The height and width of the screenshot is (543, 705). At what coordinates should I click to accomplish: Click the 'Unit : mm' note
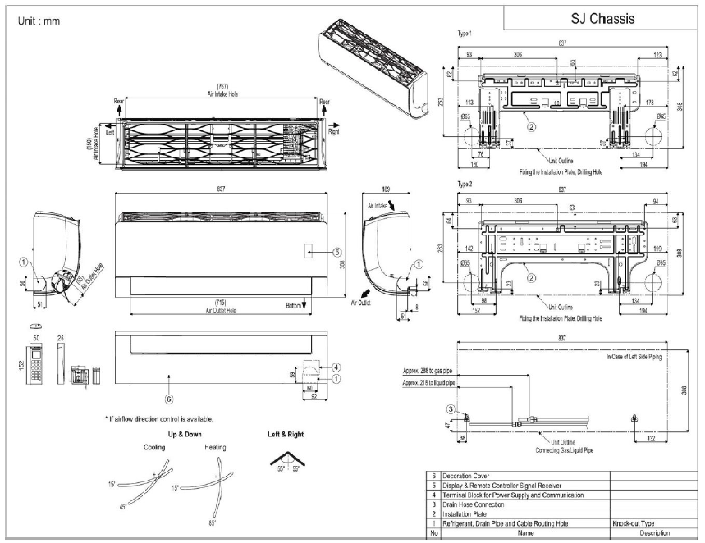(39, 20)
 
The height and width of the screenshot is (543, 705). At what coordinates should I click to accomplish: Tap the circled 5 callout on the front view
(336, 253)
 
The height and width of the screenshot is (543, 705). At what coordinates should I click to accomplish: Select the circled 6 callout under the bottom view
(168, 399)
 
